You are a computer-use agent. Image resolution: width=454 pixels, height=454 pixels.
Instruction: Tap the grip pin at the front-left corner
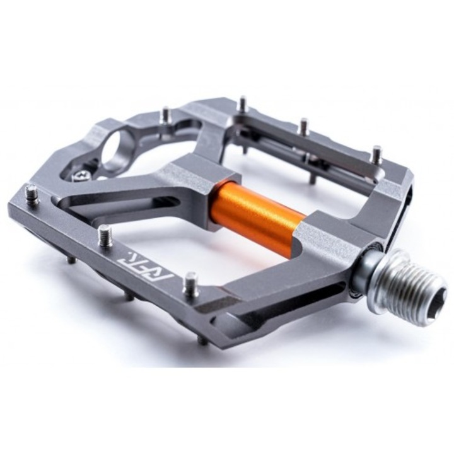click(x=32, y=195)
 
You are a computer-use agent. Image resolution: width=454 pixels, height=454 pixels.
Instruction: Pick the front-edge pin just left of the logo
click(x=107, y=236)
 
